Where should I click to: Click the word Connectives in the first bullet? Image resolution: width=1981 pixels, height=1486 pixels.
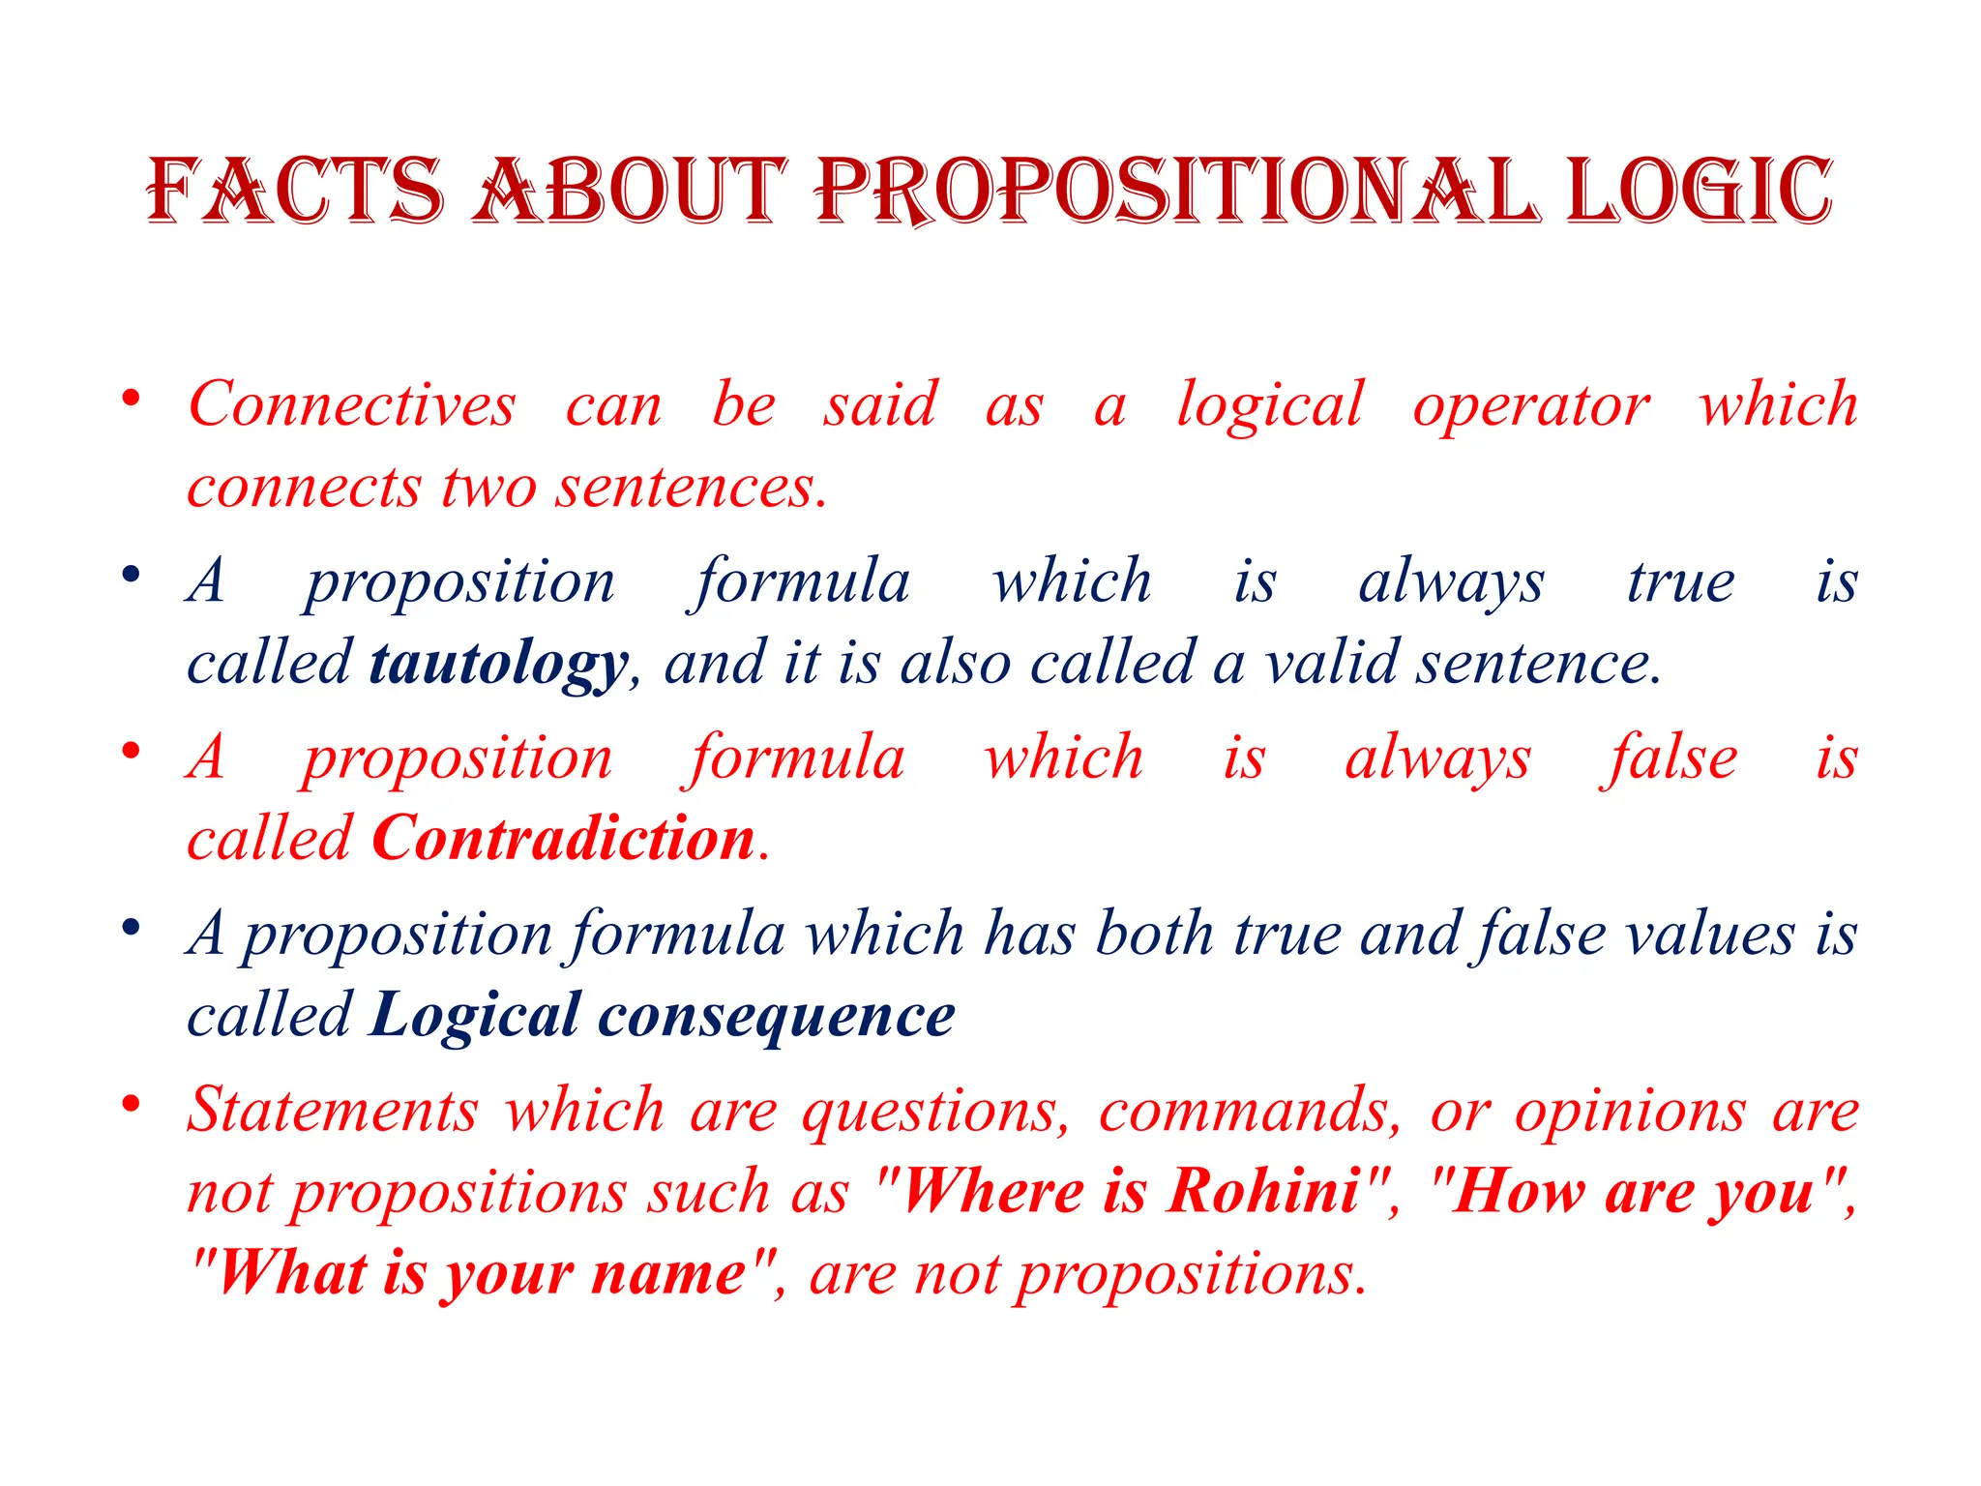(352, 403)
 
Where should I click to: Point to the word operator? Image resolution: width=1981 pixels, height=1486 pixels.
(1530, 405)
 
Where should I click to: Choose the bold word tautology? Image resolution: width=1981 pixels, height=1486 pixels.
(499, 665)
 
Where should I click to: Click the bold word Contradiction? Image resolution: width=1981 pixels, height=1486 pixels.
(563, 838)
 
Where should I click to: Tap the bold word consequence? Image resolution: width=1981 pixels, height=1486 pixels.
(777, 1016)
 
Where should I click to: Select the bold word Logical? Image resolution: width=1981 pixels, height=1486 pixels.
(476, 1016)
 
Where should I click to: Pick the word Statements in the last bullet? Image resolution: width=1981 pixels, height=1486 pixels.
(333, 1110)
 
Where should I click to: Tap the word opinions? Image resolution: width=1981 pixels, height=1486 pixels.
(1630, 1112)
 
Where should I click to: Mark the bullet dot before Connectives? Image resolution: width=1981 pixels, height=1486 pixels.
(131, 399)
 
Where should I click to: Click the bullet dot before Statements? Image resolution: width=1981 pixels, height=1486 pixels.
(131, 1104)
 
